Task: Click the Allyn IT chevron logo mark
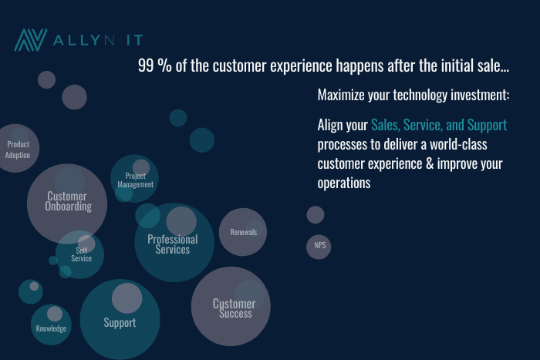coord(31,40)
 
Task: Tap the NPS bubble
coord(319,247)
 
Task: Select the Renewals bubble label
coord(244,232)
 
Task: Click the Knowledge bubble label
coord(51,328)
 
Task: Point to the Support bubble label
coord(120,323)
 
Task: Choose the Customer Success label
coord(235,308)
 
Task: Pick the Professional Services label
coord(173,244)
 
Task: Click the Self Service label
coord(81,254)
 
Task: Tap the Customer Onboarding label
coord(68,201)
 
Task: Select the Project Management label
coord(135,180)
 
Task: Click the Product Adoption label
coord(18,150)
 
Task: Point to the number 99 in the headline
coord(146,66)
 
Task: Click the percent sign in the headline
coord(164,66)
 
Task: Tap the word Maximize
coord(341,95)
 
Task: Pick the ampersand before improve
coord(430,163)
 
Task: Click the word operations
coord(344,183)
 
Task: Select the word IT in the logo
coord(135,40)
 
